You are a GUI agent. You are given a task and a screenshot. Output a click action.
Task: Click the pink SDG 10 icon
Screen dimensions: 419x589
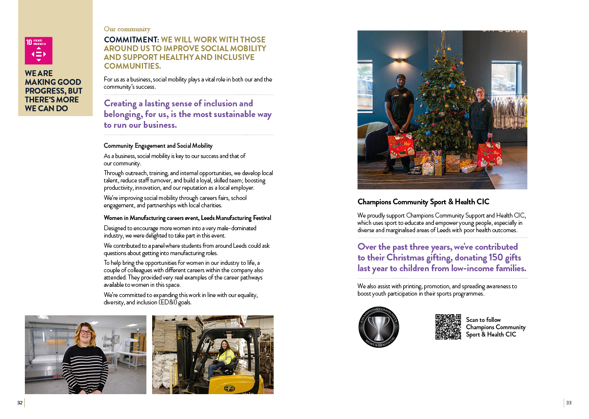tap(39, 51)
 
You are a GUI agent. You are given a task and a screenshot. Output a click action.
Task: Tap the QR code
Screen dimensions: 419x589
tap(448, 327)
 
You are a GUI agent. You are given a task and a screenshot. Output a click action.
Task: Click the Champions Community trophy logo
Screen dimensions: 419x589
tap(379, 327)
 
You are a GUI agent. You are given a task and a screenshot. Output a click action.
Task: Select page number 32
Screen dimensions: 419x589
tap(20, 402)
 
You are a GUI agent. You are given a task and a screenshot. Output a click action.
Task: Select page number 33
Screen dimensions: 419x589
tap(569, 402)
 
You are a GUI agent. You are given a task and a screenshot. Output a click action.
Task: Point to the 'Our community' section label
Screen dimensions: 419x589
tap(127, 29)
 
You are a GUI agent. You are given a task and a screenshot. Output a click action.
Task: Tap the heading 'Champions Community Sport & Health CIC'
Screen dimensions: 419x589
tap(423, 202)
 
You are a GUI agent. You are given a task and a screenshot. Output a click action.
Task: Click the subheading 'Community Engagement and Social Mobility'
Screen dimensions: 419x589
tap(158, 146)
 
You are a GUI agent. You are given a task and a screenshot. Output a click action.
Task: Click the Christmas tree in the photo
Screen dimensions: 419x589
tap(441, 112)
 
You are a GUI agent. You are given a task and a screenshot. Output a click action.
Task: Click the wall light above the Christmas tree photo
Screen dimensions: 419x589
tap(399, 60)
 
